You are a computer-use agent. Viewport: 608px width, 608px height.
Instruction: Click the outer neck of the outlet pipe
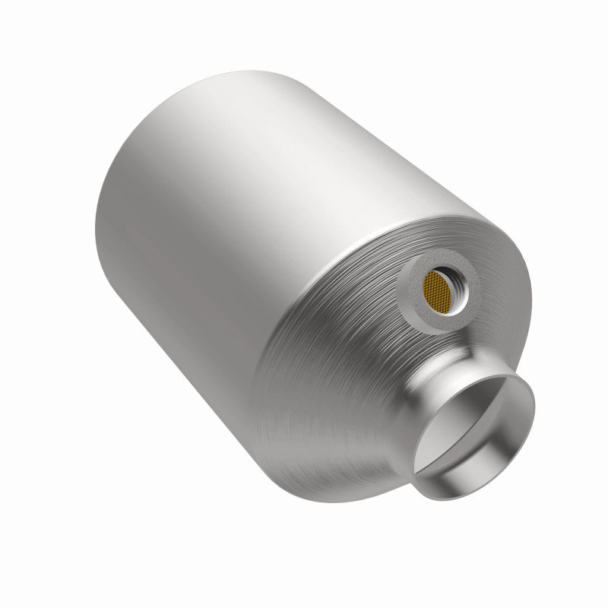429,426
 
